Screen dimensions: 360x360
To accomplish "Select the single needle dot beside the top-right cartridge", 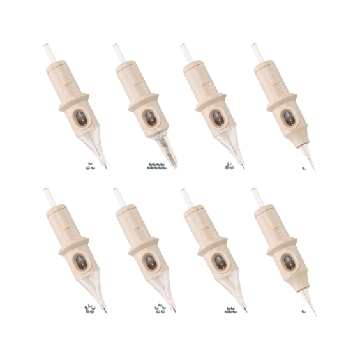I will click(x=304, y=168).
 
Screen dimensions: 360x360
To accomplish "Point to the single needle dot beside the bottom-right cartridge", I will click(x=304, y=312).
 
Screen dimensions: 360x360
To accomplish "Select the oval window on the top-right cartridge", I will click(x=288, y=119).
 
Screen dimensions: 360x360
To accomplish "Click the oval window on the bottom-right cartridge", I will click(x=288, y=262).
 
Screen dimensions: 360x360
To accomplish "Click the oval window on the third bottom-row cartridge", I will click(x=219, y=262).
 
